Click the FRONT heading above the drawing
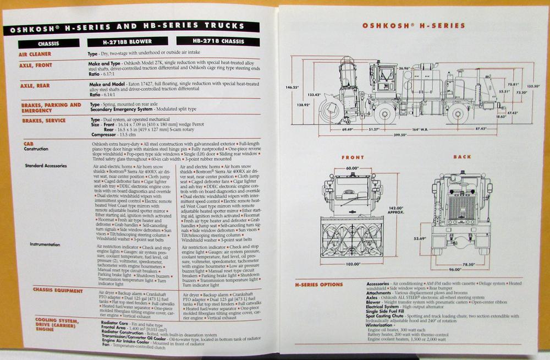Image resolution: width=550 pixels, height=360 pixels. (x=353, y=157)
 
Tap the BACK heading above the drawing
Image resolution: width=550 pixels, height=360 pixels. (x=462, y=157)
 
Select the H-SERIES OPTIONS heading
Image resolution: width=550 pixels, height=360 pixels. (x=319, y=285)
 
